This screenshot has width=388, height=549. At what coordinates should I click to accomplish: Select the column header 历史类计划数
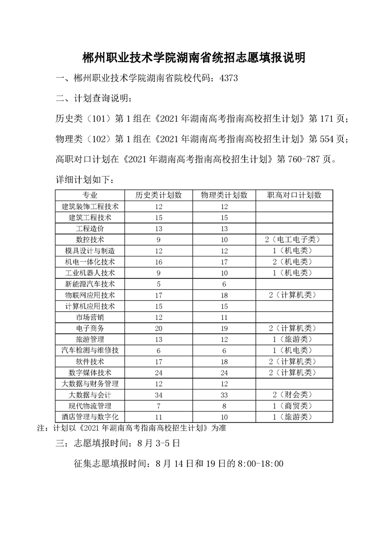(x=159, y=195)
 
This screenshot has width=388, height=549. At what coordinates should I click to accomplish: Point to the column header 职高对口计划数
(x=294, y=195)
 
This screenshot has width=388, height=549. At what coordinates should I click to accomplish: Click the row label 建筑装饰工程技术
(x=90, y=206)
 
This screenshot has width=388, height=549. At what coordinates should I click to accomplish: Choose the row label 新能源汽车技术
(x=90, y=284)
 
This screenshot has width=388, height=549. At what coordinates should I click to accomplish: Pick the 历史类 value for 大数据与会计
(x=159, y=394)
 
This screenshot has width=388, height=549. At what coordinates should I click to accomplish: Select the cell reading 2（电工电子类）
(x=294, y=239)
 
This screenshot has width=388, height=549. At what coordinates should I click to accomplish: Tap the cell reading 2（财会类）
(x=294, y=394)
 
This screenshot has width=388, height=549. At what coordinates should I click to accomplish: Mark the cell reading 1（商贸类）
(x=294, y=406)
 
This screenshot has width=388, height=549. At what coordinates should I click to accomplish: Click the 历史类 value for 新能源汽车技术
(x=159, y=284)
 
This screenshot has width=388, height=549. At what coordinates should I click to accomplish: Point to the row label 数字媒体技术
(x=90, y=372)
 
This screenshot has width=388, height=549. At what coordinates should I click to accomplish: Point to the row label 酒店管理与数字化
(x=90, y=417)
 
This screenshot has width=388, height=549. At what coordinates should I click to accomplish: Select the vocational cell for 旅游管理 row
(x=294, y=339)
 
